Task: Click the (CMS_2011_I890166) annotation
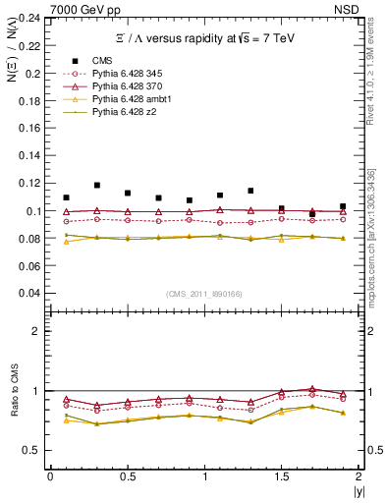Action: [x=203, y=295]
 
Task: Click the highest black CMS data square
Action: [x=96, y=185]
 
